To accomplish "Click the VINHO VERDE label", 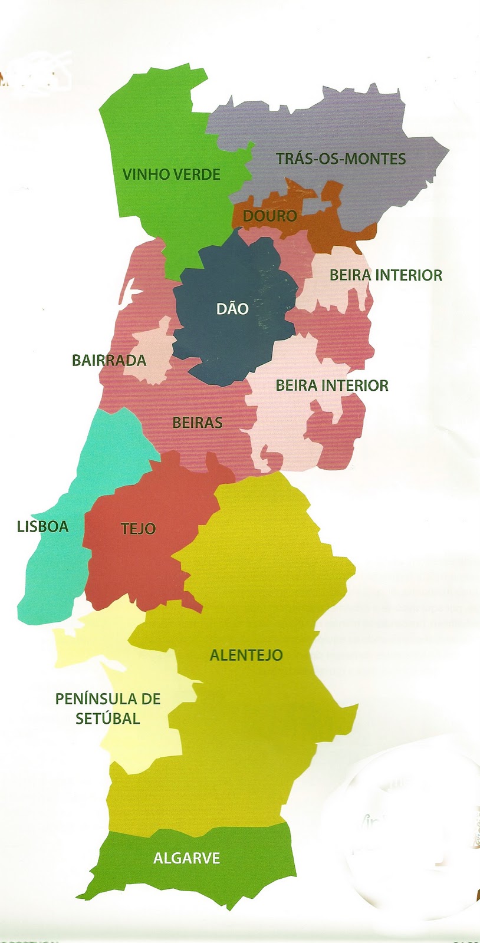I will (x=171, y=174).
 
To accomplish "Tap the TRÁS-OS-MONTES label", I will (x=341, y=159).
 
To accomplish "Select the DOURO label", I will (x=269, y=216).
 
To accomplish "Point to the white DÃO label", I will (x=232, y=308).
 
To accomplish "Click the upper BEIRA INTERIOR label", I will (x=386, y=275).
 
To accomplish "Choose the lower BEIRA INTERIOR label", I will (x=332, y=385).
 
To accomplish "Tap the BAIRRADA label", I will (x=109, y=360).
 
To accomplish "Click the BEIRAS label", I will (x=198, y=423).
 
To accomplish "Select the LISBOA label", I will (x=42, y=526).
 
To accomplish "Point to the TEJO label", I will (x=139, y=529).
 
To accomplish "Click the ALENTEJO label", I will (x=246, y=655).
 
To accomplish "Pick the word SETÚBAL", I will (x=108, y=718).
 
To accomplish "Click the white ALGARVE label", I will (x=186, y=858).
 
